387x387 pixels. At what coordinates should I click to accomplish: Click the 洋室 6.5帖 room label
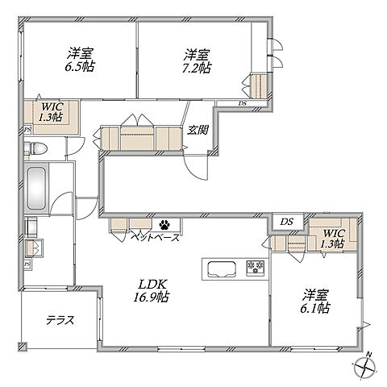coord(80,60)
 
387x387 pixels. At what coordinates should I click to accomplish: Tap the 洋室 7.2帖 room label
coord(197,61)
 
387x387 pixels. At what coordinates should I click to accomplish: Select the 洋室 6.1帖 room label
coord(315,302)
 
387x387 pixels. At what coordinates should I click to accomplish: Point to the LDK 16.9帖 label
coord(152,290)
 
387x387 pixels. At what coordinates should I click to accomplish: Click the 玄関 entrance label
coord(198,130)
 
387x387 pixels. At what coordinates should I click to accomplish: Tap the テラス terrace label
coord(60,320)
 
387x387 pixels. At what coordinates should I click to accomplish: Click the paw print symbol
coord(164,225)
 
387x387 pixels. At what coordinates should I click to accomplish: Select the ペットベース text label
coord(155,237)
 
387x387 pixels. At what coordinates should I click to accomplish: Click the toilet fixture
coord(35,148)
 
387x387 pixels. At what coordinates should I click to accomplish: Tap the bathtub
coord(36,188)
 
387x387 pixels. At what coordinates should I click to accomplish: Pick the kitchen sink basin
coord(222,268)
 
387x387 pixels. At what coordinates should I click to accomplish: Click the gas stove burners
coord(256,267)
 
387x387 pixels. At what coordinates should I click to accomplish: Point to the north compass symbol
coord(365,367)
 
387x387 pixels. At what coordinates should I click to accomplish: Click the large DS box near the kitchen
coord(288,222)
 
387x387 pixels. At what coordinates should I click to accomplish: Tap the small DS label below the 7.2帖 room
coord(243,103)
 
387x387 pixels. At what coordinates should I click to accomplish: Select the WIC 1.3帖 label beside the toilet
coord(52,112)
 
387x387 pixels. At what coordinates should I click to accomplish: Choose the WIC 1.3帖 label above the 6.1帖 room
coord(333,239)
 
